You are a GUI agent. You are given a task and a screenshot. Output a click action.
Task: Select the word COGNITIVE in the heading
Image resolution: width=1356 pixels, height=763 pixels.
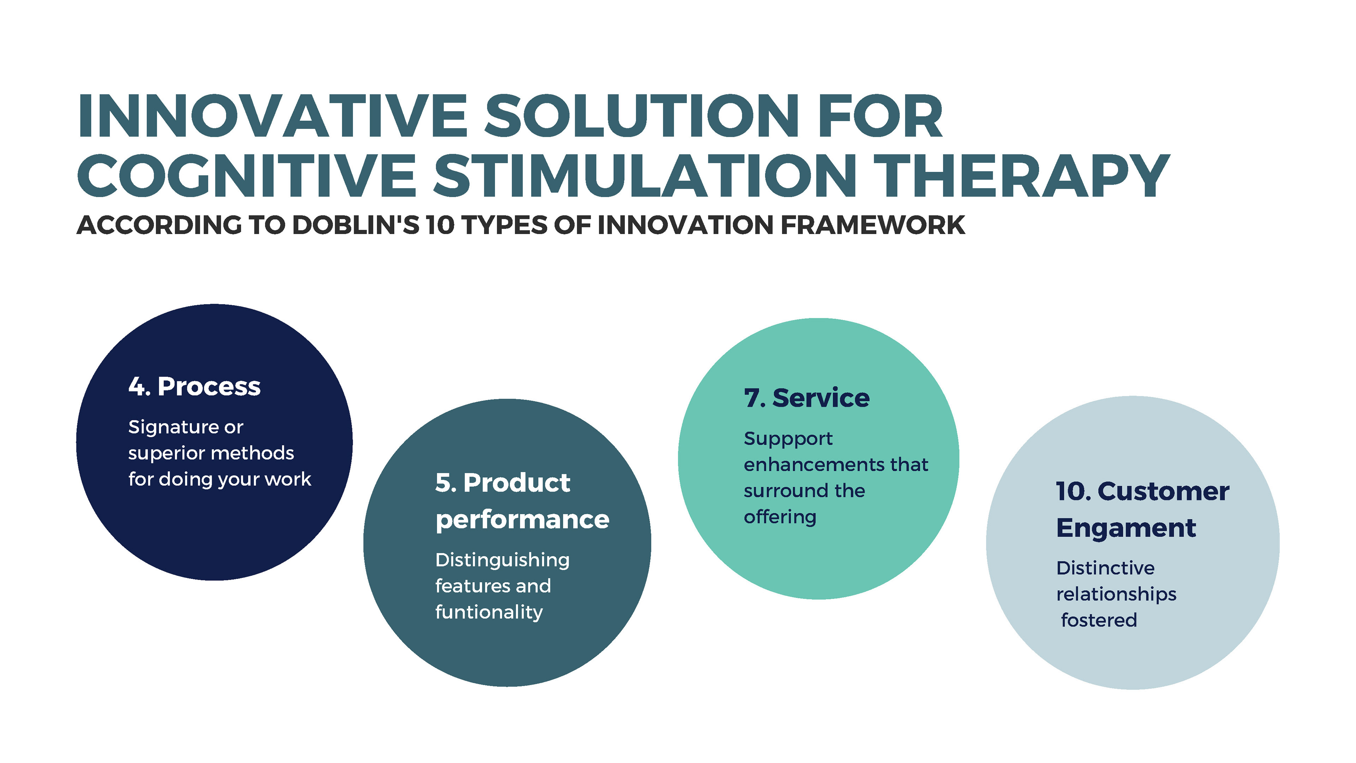(x=248, y=176)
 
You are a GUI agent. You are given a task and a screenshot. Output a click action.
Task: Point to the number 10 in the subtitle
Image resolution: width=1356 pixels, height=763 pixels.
(x=440, y=225)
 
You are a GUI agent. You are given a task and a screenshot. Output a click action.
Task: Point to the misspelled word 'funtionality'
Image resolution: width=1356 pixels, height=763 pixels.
(x=488, y=613)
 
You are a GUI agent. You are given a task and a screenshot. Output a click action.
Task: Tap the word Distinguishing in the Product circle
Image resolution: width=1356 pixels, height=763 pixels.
(x=502, y=560)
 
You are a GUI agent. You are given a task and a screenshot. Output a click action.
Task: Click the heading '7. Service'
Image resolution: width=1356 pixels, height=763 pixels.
(x=807, y=398)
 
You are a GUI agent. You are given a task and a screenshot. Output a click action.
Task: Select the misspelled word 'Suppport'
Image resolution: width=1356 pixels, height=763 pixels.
(x=788, y=439)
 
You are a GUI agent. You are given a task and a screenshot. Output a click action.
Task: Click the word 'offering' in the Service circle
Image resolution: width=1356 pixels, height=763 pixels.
(x=780, y=517)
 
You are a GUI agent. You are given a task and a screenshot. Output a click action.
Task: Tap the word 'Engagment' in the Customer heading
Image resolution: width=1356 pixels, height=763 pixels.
(x=1126, y=528)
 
